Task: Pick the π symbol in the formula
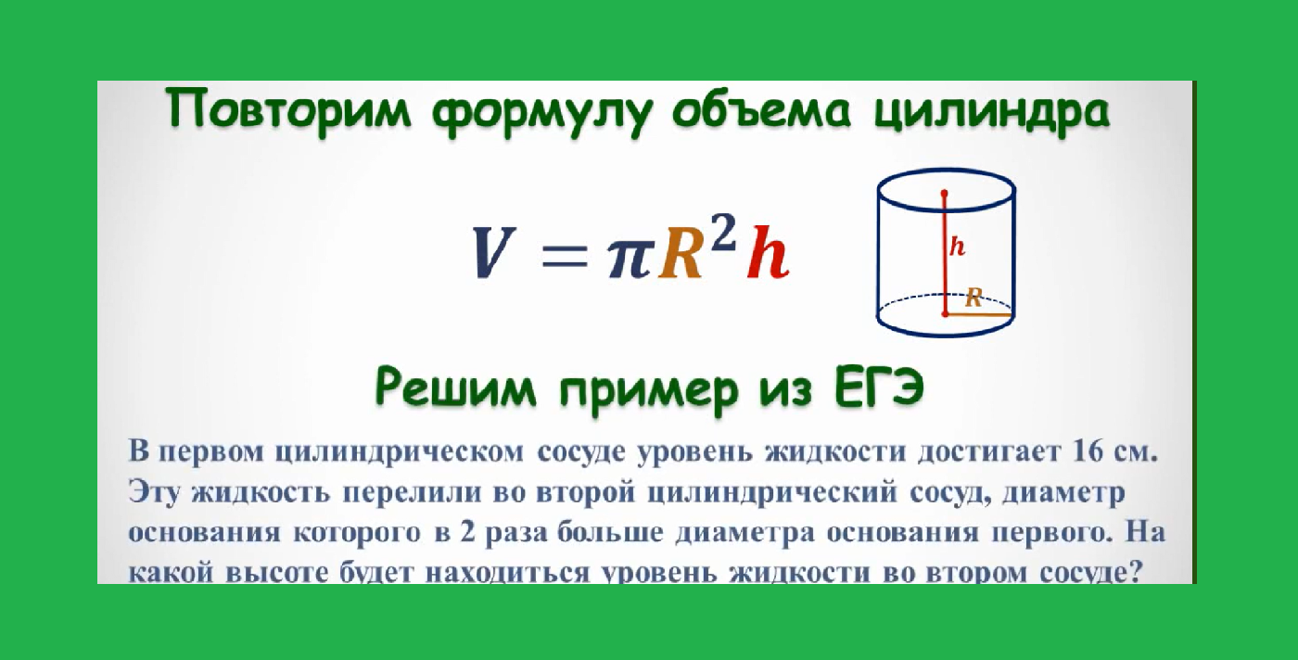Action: point(630,258)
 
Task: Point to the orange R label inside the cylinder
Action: point(973,297)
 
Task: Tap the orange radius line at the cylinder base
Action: point(977,314)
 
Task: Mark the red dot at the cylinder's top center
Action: point(945,194)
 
